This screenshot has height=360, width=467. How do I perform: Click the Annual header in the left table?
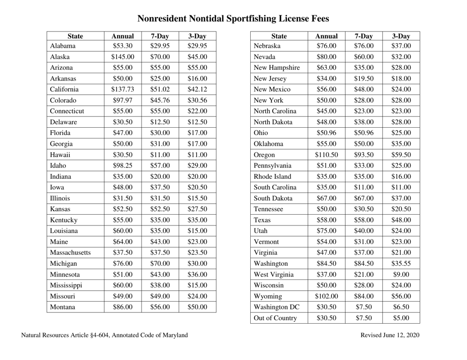click(x=122, y=36)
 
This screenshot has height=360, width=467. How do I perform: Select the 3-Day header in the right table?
click(x=402, y=36)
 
